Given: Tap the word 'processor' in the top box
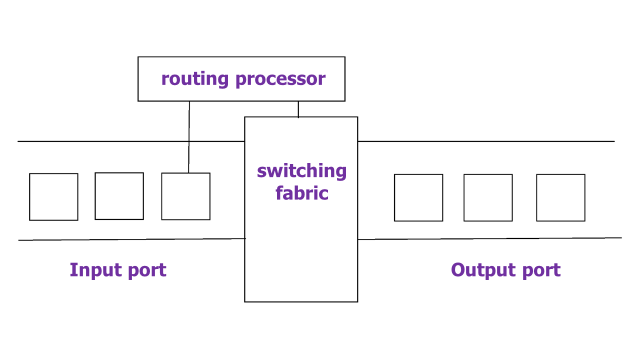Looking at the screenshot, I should (280, 79).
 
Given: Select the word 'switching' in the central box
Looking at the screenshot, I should (301, 171).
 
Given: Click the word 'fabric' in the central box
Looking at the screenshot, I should (301, 193).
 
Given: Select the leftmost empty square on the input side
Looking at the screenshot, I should (53, 196).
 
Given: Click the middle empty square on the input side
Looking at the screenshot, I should (119, 196).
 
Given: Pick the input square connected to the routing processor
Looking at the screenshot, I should (185, 196).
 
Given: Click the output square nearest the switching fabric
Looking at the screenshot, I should (418, 197).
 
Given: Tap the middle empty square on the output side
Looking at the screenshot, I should (488, 197).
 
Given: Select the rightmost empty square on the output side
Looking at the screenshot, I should (560, 197).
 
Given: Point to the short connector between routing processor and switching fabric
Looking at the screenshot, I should (298, 109).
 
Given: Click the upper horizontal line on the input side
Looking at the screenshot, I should (100, 141).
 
